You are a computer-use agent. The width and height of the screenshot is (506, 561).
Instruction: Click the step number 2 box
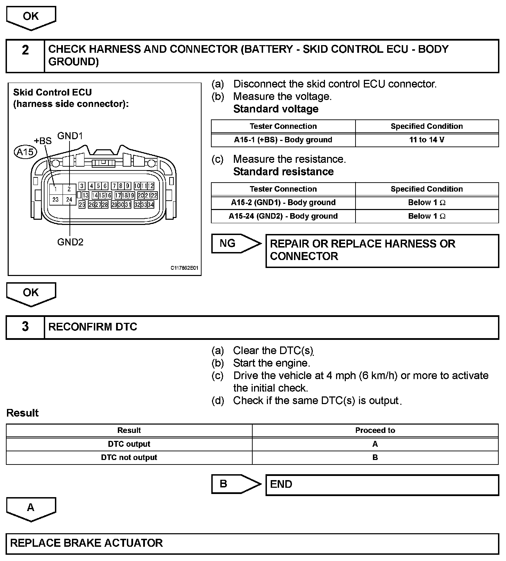pos(25,56)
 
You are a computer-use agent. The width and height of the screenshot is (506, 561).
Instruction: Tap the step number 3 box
pos(25,327)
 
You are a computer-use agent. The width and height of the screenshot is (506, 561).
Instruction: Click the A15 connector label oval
pos(25,152)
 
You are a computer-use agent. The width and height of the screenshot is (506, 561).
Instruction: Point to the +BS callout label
pos(43,141)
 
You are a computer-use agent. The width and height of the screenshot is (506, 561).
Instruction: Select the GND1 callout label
pos(70,136)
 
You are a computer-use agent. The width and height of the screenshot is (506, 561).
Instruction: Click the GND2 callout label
pos(70,242)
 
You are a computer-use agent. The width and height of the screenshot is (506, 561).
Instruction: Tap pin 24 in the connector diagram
pos(69,200)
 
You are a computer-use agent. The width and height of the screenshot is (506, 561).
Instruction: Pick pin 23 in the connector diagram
pos(56,200)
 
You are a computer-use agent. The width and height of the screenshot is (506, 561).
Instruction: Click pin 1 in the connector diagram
pos(56,189)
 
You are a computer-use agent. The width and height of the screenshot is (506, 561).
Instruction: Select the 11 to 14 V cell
pos(427,140)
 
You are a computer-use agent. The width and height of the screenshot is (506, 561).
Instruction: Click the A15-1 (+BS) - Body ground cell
pos(283,140)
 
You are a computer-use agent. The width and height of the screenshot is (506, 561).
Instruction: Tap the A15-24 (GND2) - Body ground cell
pos(283,216)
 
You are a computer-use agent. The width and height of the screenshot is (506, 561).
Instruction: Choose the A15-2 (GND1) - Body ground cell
pos(283,203)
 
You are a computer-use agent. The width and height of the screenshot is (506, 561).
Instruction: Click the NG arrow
pos(235,243)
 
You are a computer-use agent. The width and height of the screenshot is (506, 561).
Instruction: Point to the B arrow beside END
pos(235,484)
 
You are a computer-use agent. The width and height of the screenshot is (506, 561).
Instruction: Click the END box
pos(382,484)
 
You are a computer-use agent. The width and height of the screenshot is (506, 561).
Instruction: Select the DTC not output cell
pos(129,458)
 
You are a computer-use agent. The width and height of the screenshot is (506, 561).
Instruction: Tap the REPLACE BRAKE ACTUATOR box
pos(252,543)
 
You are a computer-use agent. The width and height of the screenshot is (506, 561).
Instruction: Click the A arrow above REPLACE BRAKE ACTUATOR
pos(31,509)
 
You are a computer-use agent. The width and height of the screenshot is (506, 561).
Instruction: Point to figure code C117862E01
pos(184,268)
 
